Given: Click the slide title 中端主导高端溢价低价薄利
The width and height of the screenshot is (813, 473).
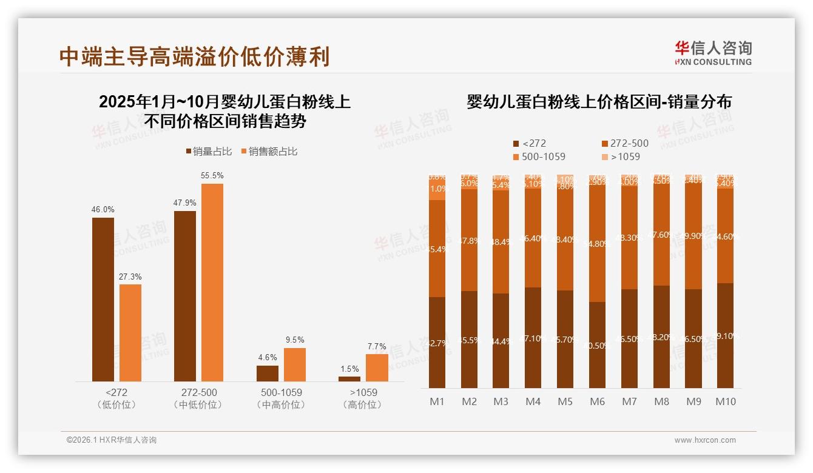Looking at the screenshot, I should click(194, 56).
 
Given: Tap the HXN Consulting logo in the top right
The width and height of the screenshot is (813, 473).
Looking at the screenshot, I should click(713, 53).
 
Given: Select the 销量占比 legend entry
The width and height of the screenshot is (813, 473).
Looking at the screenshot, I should click(209, 152).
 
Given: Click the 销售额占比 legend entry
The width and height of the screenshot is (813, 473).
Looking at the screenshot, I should click(269, 152).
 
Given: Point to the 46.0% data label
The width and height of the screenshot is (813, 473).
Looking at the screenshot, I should click(103, 210).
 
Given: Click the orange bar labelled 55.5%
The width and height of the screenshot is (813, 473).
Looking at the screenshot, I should click(212, 282).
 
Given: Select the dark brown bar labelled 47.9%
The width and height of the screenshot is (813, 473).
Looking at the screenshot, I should click(185, 296).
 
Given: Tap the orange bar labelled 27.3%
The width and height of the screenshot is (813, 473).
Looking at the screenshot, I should click(130, 332).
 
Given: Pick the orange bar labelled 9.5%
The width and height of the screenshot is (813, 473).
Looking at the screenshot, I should click(295, 364).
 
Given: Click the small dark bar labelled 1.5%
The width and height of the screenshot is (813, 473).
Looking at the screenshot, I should click(349, 379).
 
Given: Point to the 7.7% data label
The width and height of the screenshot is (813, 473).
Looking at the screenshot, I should click(376, 347).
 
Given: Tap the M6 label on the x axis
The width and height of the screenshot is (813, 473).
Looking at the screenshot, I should click(597, 401).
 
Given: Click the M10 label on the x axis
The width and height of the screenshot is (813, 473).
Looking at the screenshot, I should click(725, 401).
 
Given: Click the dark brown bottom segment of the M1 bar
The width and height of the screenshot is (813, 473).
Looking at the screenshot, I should click(437, 342).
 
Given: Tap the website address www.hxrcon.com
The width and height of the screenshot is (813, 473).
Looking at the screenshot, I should click(705, 440).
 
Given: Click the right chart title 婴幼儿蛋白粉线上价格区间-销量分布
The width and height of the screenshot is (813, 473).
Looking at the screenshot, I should click(599, 102).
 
